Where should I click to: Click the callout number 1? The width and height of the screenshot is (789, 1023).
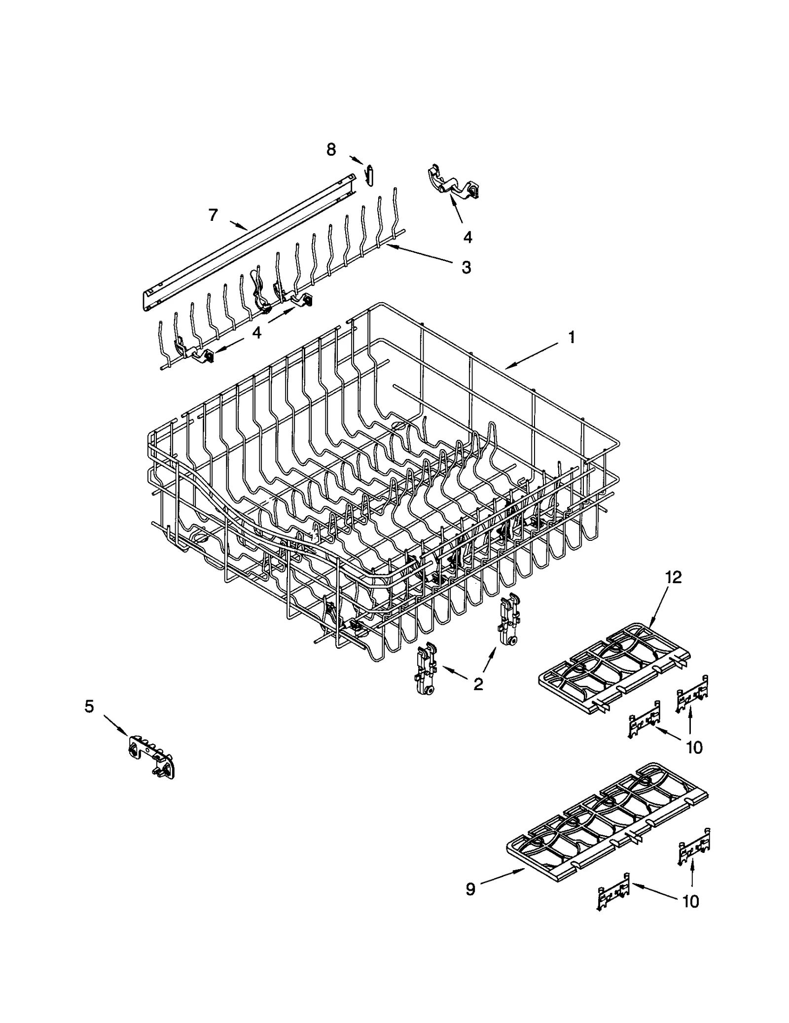click(571, 338)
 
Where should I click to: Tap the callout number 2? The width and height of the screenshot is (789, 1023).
click(478, 684)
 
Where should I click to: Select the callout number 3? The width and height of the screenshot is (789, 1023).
click(466, 268)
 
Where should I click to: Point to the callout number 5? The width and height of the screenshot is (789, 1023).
click(89, 707)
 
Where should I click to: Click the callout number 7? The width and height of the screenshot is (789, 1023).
click(213, 215)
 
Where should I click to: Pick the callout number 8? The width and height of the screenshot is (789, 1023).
click(331, 149)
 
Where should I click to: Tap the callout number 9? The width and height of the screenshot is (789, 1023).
click(470, 889)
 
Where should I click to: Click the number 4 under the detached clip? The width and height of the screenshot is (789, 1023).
click(467, 237)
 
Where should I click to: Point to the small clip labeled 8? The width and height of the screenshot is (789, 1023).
click(369, 176)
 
